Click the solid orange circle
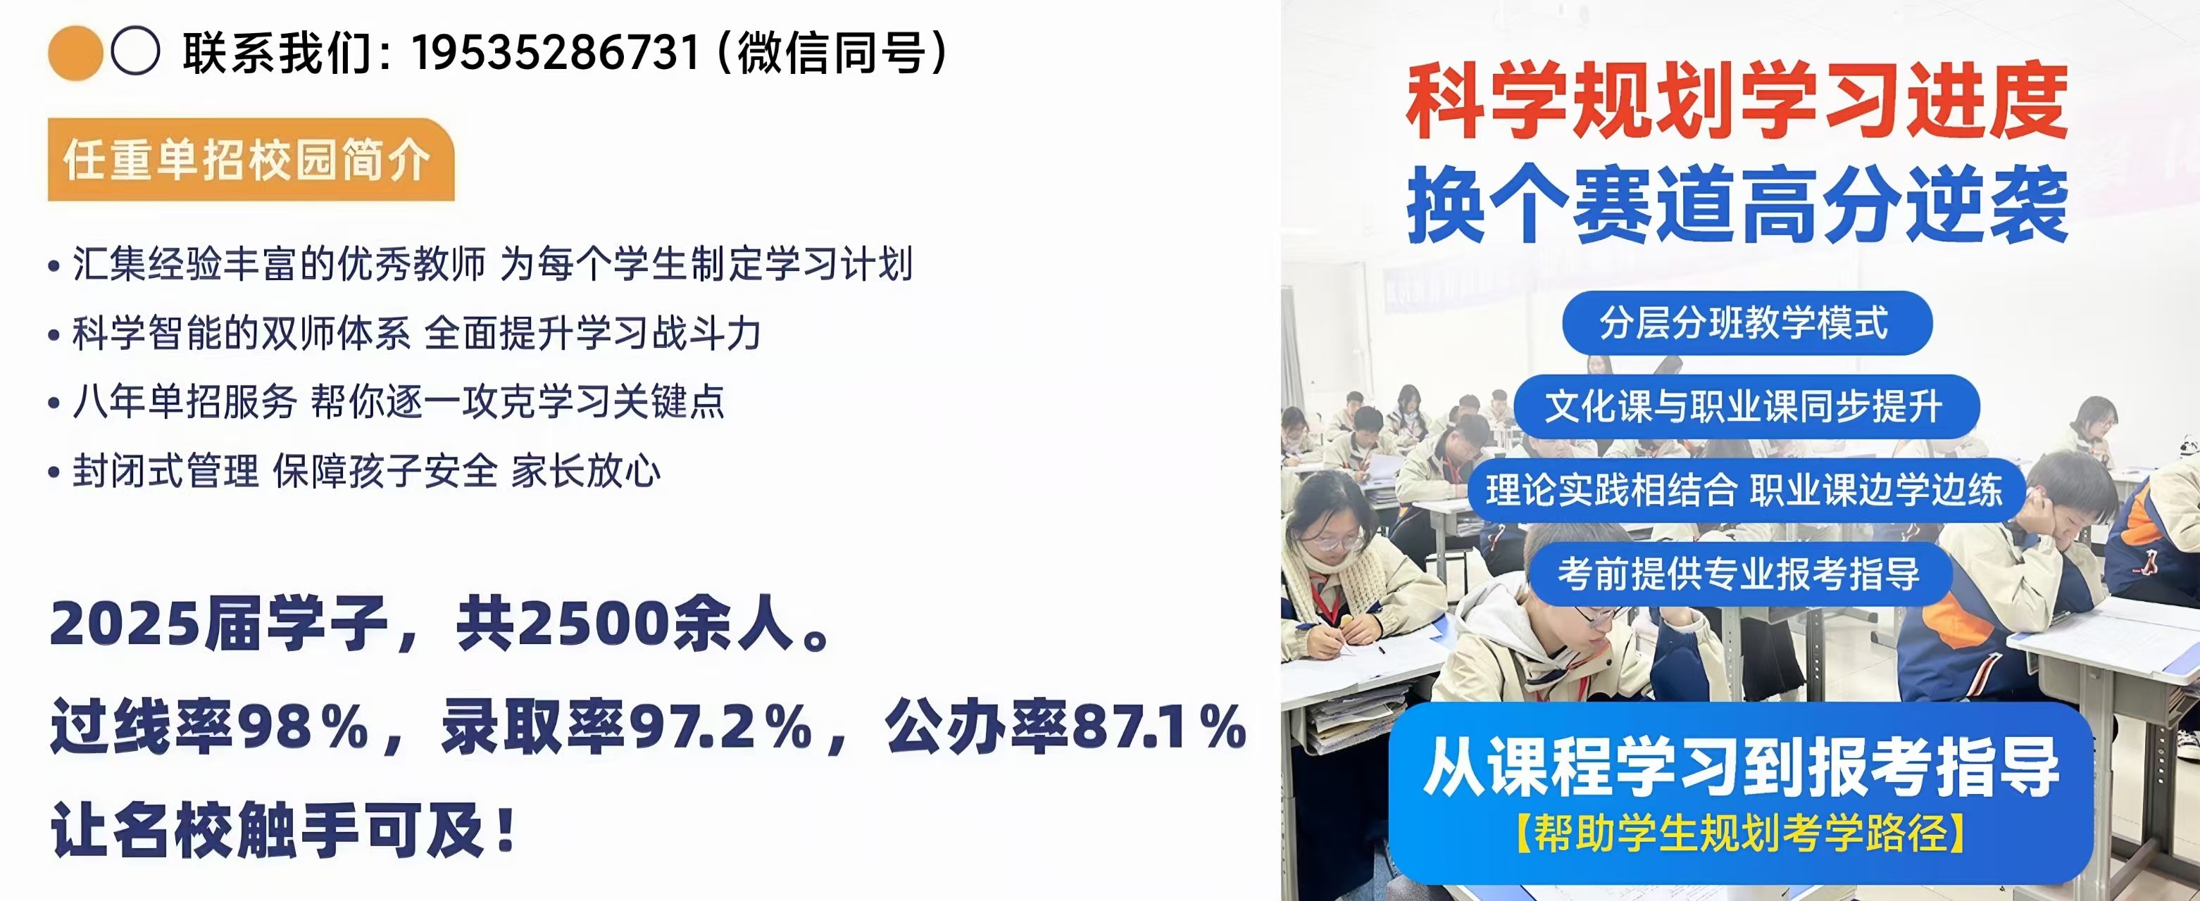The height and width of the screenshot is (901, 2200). (x=75, y=53)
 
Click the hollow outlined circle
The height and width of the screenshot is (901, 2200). (x=135, y=51)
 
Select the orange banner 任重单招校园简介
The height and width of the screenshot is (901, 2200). (x=250, y=160)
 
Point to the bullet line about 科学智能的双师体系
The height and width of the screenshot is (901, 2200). (x=405, y=333)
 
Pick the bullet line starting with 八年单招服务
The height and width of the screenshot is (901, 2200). (x=387, y=402)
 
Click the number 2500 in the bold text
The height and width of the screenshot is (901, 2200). (x=595, y=624)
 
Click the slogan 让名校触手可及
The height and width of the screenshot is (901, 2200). (x=285, y=830)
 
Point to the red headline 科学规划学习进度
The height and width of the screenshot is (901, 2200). (x=1737, y=101)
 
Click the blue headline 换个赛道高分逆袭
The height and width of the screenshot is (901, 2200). (x=1737, y=204)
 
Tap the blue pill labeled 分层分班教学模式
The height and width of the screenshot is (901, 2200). (x=1746, y=323)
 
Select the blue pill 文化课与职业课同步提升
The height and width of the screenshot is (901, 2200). (x=1746, y=407)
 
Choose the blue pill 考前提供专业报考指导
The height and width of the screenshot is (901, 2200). (x=1741, y=574)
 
